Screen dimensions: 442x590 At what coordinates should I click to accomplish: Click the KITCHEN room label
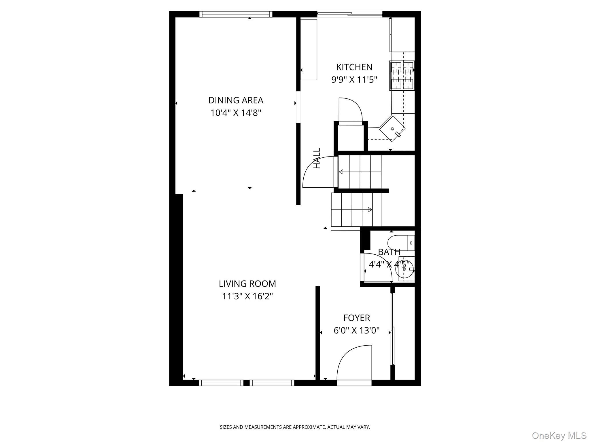354,67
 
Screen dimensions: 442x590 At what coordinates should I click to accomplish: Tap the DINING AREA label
236,100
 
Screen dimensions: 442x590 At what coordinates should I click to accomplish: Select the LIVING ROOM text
247,284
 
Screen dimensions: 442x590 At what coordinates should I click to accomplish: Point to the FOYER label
356,318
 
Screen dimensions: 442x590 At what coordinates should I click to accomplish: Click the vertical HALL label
317,158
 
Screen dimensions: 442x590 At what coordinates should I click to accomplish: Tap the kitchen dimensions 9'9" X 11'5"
354,79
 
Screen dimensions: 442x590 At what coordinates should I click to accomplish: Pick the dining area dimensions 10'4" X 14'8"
236,113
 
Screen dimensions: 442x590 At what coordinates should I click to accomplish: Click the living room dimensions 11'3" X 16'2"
247,296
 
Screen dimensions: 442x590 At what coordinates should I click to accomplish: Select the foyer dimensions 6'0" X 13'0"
356,330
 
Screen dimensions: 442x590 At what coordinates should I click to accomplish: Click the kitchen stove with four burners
402,75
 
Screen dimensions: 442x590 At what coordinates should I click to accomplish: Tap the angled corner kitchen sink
392,129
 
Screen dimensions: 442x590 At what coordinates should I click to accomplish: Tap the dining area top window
236,14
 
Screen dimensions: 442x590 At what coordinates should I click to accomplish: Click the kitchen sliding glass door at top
349,14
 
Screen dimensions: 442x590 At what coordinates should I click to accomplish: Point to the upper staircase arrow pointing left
341,172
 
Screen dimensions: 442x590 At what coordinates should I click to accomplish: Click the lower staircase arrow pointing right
370,209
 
